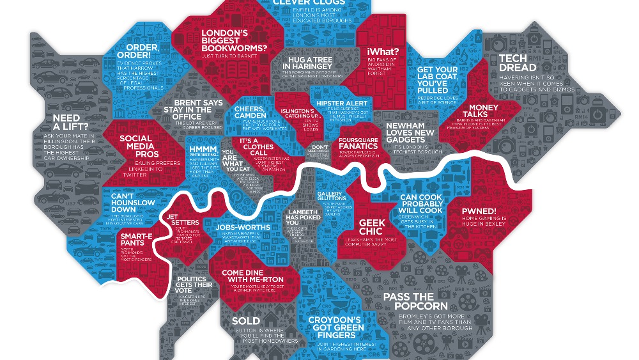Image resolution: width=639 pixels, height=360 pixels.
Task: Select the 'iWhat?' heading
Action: coord(383,52)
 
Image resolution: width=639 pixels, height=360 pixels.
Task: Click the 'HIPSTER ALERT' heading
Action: coord(347,103)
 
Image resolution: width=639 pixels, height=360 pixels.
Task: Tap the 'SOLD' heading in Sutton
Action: coord(245,320)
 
